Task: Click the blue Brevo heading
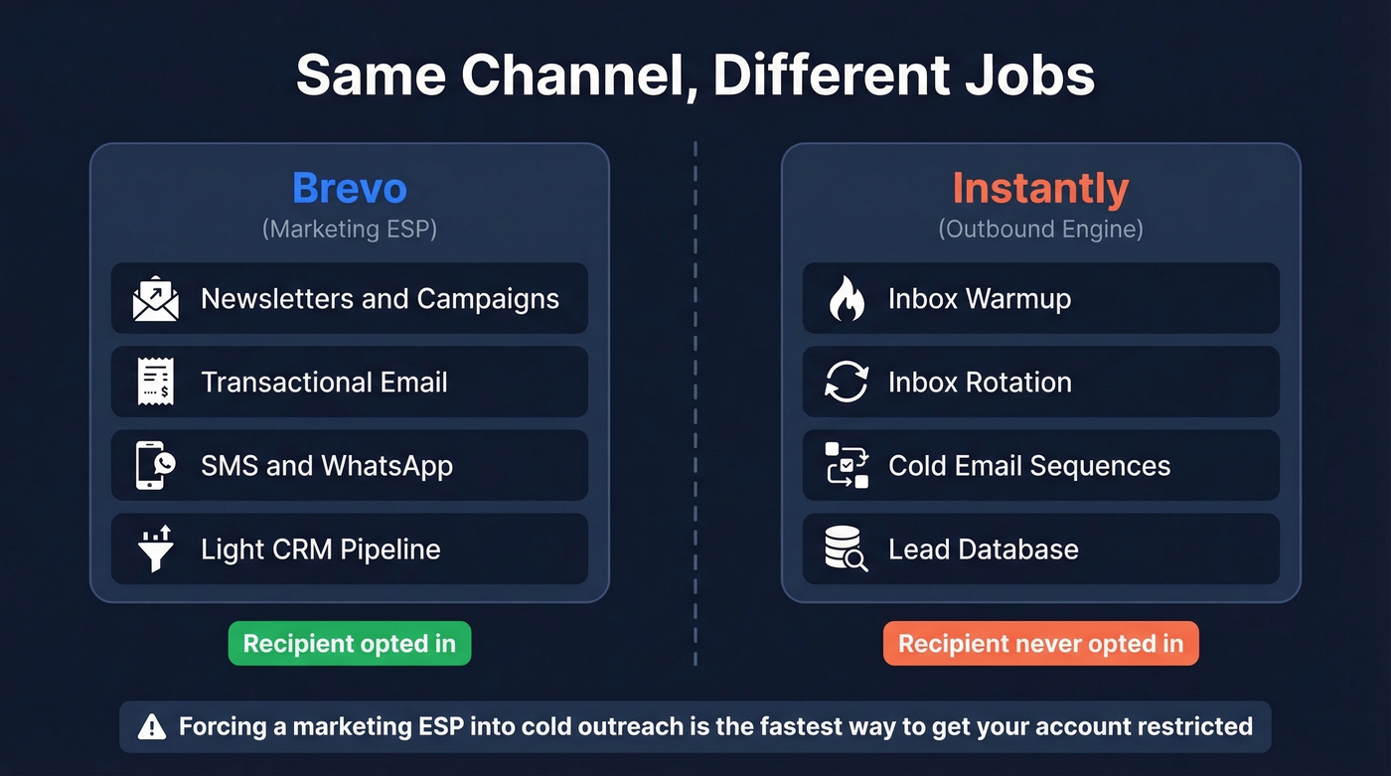(x=349, y=188)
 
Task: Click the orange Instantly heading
(x=1040, y=188)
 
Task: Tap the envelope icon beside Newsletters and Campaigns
(x=156, y=299)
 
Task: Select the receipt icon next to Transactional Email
(x=156, y=383)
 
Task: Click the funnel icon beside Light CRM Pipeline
(x=156, y=549)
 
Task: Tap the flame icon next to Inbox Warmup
(x=847, y=299)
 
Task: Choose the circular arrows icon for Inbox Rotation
(x=847, y=383)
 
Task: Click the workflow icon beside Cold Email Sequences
(x=847, y=466)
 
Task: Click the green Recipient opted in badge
(x=349, y=644)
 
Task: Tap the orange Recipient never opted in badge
(x=1040, y=644)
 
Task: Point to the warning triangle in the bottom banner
(x=152, y=727)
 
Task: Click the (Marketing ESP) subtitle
(x=349, y=230)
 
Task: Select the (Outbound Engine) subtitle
(x=1040, y=230)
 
